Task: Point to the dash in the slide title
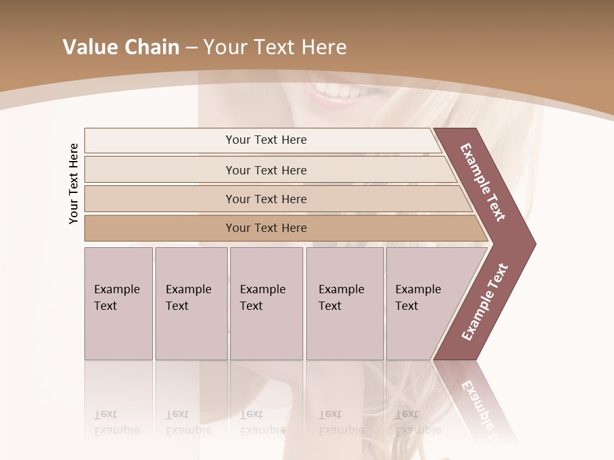click(x=191, y=48)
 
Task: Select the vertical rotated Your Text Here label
click(x=74, y=183)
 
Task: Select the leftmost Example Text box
click(x=118, y=303)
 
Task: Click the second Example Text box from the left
click(x=191, y=303)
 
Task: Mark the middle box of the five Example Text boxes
click(x=266, y=303)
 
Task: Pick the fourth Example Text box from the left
click(x=344, y=303)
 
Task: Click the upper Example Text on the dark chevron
click(x=483, y=182)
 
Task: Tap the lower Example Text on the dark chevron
click(x=485, y=302)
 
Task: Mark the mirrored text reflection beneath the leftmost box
click(x=117, y=422)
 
